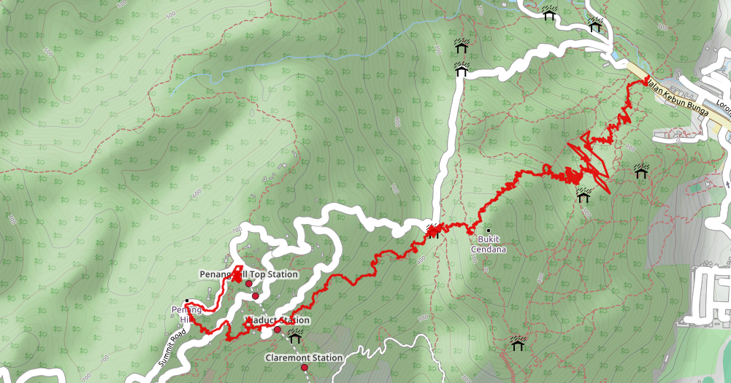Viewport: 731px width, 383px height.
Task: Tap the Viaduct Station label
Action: pyautogui.click(x=278, y=320)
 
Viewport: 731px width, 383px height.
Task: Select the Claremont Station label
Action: pyautogui.click(x=304, y=357)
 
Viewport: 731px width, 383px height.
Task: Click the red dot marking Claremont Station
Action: pyautogui.click(x=305, y=368)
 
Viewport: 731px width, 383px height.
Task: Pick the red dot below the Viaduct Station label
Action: pyautogui.click(x=278, y=330)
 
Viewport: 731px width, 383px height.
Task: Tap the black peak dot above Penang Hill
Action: pyautogui.click(x=187, y=301)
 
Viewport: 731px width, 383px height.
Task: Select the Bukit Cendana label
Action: pyautogui.click(x=489, y=244)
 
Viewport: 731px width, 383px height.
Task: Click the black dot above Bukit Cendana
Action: pyautogui.click(x=488, y=231)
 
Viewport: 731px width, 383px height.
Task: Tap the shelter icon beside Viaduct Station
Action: pyautogui.click(x=295, y=336)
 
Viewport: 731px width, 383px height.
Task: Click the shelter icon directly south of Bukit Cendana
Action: pyautogui.click(x=518, y=342)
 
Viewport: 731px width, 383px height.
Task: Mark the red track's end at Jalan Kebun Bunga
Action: pyautogui.click(x=645, y=82)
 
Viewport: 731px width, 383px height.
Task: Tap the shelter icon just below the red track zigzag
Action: pyautogui.click(x=583, y=195)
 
